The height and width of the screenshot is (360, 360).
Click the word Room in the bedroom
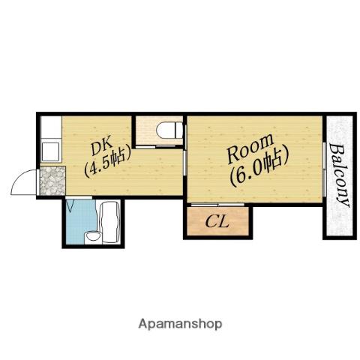click(250, 149)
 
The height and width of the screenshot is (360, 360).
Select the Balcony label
click(338, 174)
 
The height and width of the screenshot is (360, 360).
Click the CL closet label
click(217, 222)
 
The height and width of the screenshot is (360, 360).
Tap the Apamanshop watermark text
click(180, 325)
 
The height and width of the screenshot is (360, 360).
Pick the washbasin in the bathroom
click(93, 237)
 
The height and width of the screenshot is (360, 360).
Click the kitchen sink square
click(51, 151)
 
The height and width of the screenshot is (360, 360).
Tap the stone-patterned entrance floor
click(52, 181)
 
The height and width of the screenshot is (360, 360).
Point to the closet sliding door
click(217, 205)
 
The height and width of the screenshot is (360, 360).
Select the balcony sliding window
click(324, 169)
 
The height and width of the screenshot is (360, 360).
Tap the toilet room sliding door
click(155, 147)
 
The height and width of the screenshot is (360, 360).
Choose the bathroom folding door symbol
click(70, 205)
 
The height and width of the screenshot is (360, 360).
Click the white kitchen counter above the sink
click(51, 127)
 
